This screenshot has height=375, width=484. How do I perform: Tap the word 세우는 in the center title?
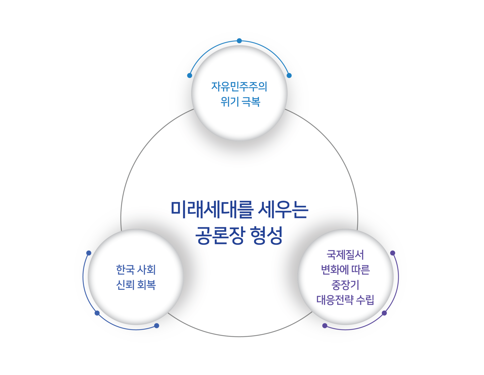pos(283,210)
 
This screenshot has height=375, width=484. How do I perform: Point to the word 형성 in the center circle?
pos(266,235)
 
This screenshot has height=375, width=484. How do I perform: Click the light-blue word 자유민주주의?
pos(239,87)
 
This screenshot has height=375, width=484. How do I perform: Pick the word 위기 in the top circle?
pos(230,102)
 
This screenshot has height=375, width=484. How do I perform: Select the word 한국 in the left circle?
pos(125,270)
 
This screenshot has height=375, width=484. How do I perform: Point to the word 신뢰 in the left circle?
pos(125,285)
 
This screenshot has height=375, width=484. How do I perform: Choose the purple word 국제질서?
pos(345,255)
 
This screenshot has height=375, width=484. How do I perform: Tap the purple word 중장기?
pos(345,285)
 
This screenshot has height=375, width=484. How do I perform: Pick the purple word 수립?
pos(365,300)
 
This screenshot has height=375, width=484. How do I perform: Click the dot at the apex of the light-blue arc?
pos(239,41)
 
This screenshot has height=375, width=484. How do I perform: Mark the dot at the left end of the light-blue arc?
pos(190,76)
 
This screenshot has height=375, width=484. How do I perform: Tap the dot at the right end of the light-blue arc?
pos(289,76)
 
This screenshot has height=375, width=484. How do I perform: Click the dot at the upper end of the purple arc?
pos(393,253)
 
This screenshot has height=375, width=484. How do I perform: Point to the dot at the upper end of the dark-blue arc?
pos(89,253)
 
